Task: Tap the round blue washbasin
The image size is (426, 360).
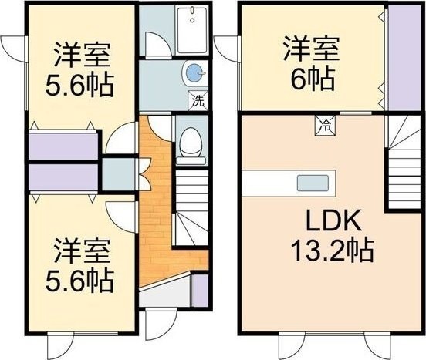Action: point(194,73)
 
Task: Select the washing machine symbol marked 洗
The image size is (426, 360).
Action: point(198,100)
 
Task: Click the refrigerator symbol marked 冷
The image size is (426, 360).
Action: point(325,126)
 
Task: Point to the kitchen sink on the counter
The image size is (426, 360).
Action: point(313,183)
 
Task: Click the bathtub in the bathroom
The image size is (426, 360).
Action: point(192,30)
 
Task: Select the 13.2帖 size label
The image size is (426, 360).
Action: point(333,250)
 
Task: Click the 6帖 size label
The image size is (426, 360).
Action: point(313,79)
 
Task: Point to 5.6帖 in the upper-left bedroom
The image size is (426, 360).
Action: point(79,84)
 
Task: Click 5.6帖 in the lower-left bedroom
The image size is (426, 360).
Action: point(79,280)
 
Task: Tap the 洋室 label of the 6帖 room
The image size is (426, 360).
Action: point(311,49)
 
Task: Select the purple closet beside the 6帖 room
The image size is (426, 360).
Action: point(404,58)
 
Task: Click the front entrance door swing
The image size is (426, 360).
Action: point(161,324)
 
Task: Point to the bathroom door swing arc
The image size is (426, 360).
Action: point(159,45)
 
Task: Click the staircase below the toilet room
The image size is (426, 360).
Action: point(191,207)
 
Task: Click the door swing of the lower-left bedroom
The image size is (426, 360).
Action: point(120,217)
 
